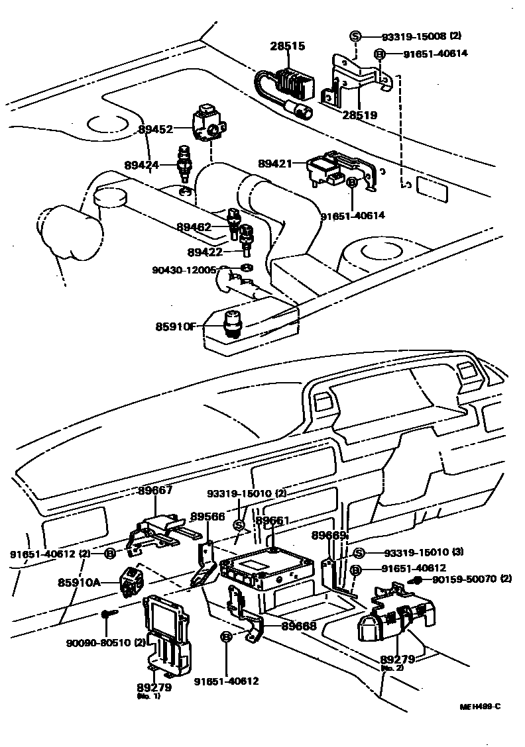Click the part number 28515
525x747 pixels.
pyautogui.click(x=287, y=46)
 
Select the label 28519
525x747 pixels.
pyautogui.click(x=360, y=115)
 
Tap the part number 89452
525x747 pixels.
pyautogui.click(x=156, y=130)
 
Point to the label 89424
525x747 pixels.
pyautogui.click(x=141, y=164)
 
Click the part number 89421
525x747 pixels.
pyautogui.click(x=275, y=164)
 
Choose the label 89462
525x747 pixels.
pyautogui.click(x=194, y=227)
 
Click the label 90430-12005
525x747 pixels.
pyautogui.click(x=184, y=270)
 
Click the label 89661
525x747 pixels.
pyautogui.click(x=272, y=521)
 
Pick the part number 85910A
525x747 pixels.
pyautogui.click(x=78, y=582)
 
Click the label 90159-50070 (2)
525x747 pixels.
pyautogui.click(x=472, y=579)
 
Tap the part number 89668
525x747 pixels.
pyautogui.click(x=298, y=625)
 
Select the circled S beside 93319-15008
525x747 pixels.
pyautogui.click(x=356, y=36)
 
